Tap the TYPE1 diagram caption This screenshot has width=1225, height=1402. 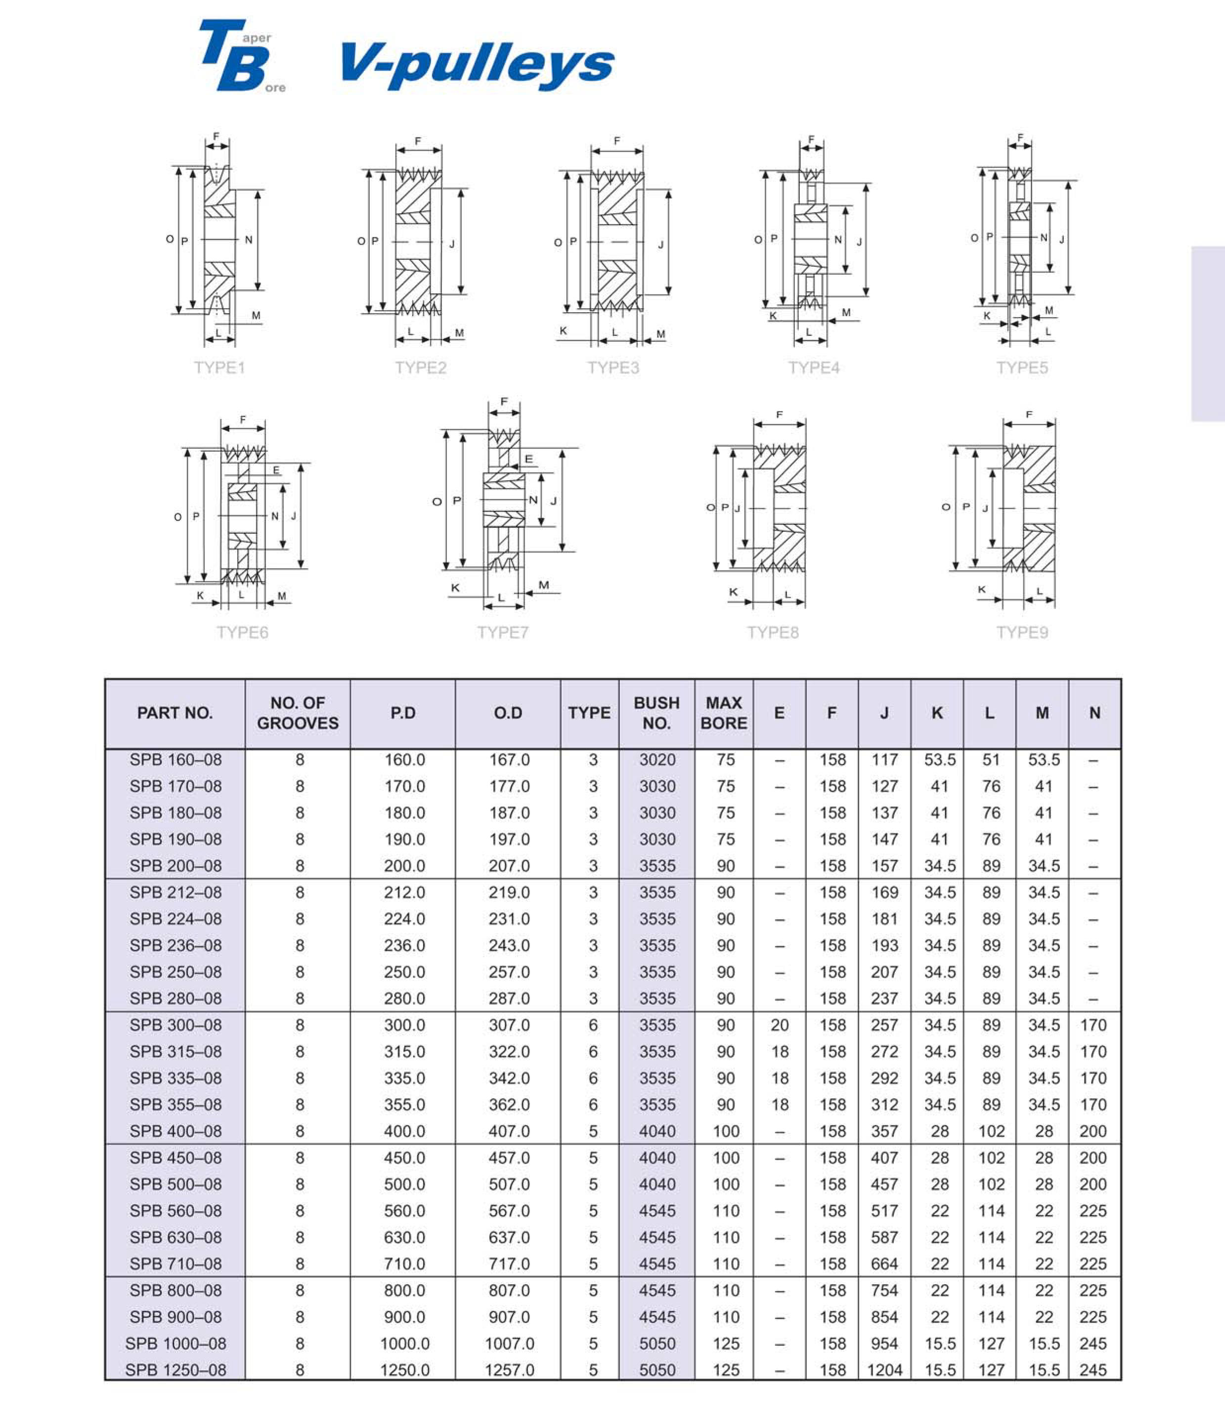click(x=219, y=368)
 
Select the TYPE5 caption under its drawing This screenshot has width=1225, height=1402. click(x=1022, y=368)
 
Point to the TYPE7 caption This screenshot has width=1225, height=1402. click(x=503, y=633)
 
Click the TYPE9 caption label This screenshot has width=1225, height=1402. click(x=1022, y=633)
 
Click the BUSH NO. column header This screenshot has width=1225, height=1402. click(x=656, y=713)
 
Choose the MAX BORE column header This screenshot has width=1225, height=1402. click(x=724, y=713)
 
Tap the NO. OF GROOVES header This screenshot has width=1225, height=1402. click(x=298, y=713)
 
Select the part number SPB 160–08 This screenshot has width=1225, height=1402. click(x=175, y=760)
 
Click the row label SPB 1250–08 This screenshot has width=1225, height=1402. click(x=175, y=1370)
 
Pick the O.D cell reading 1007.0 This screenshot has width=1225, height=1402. click(x=509, y=1343)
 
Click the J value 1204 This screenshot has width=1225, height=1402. click(x=884, y=1370)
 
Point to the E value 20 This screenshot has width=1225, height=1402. click(x=779, y=1025)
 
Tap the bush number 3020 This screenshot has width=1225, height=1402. click(x=657, y=760)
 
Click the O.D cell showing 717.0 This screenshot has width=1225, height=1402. click(x=509, y=1264)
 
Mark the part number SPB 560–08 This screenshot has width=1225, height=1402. click(x=175, y=1211)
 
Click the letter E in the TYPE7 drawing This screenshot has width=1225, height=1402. click(x=528, y=459)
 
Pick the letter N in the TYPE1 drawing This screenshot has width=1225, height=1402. click(x=249, y=240)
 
